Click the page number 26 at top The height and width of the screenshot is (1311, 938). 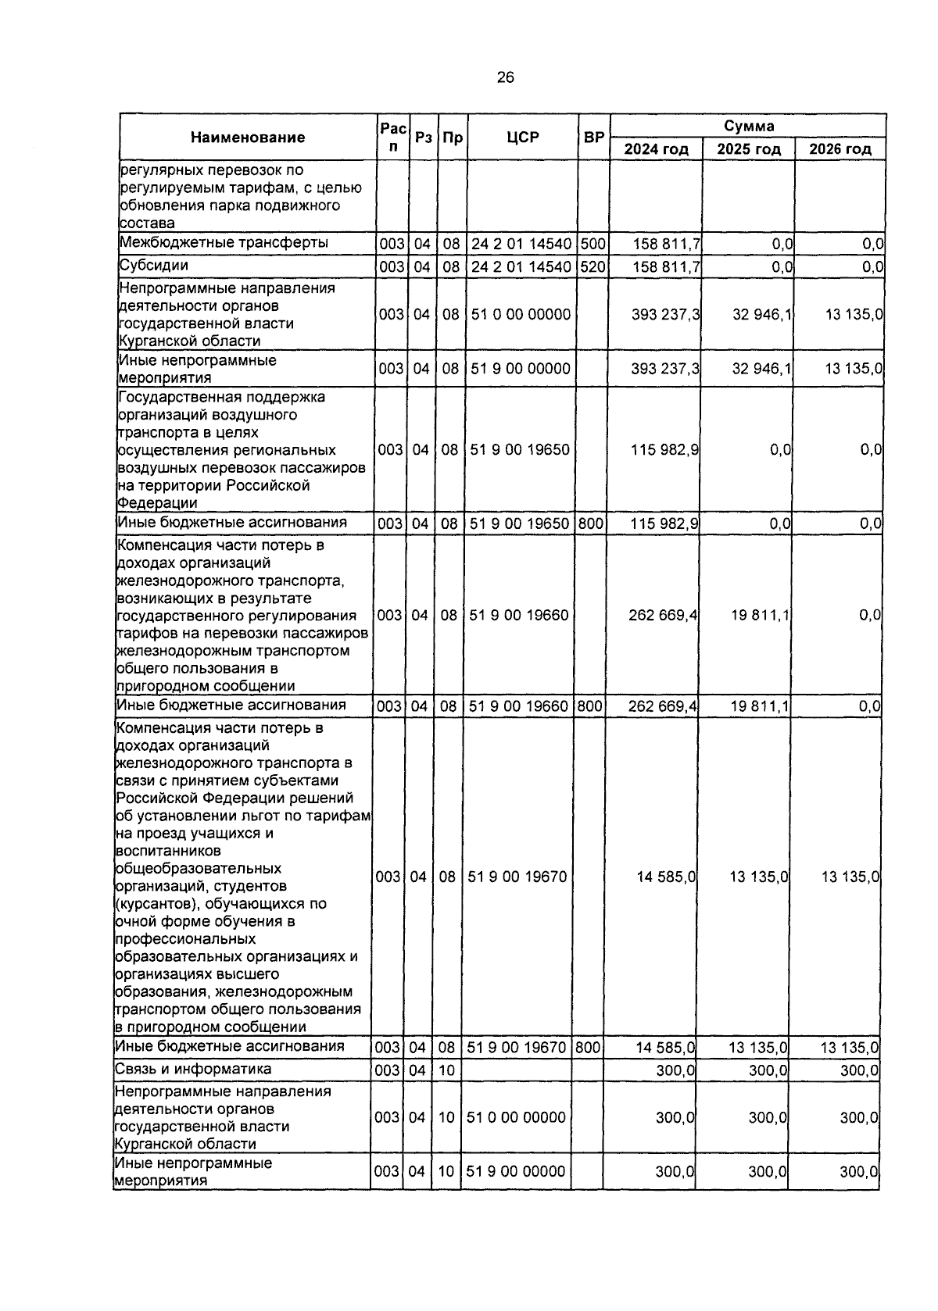(x=505, y=77)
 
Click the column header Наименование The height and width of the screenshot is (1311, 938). (x=248, y=138)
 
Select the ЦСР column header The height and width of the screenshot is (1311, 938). (x=523, y=138)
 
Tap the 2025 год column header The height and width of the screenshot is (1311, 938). (x=749, y=149)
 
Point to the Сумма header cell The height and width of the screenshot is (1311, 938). (x=748, y=126)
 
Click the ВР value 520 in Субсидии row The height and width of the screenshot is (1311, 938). (x=593, y=266)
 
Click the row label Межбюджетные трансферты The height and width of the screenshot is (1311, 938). (x=224, y=242)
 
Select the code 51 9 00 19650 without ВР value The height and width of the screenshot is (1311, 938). (x=519, y=450)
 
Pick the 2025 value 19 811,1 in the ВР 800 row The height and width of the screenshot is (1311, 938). (x=760, y=706)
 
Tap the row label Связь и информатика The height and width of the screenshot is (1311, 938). (x=193, y=1069)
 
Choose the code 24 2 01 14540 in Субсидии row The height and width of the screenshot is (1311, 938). (x=521, y=266)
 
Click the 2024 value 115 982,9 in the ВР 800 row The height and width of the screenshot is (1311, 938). (x=664, y=523)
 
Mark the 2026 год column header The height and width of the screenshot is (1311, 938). (x=840, y=149)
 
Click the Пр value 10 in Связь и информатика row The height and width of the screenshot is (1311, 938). (x=446, y=1070)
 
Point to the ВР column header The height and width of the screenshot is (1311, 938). (x=594, y=138)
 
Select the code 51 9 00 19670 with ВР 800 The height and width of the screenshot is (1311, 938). (x=517, y=1047)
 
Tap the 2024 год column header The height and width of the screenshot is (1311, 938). (x=656, y=149)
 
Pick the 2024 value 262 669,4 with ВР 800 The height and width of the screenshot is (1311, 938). (x=663, y=706)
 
